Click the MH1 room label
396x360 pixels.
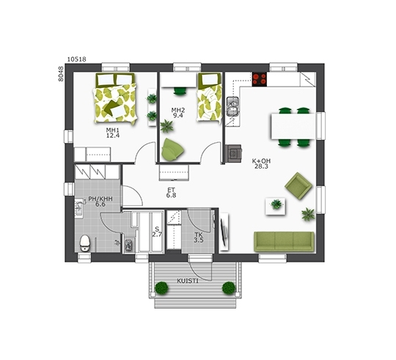click(x=113, y=131)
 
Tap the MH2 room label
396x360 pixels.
click(x=178, y=110)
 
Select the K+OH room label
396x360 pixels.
click(x=261, y=161)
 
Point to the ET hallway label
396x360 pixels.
click(x=171, y=190)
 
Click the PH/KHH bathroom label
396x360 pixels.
click(x=100, y=199)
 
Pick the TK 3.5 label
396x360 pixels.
click(x=199, y=238)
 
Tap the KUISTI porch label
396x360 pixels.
click(x=188, y=281)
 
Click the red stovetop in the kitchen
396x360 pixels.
click(x=260, y=79)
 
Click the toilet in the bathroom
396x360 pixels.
click(x=84, y=243)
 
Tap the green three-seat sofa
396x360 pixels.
click(x=284, y=241)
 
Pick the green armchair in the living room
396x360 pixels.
click(x=298, y=186)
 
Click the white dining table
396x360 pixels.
click(x=293, y=126)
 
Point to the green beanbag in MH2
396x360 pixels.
click(x=172, y=150)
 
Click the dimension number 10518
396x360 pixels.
click(x=77, y=59)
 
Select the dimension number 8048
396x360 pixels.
click(x=61, y=74)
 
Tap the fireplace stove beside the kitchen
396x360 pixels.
click(x=233, y=153)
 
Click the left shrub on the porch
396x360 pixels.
click(x=161, y=288)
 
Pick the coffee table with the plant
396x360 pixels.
click(x=276, y=206)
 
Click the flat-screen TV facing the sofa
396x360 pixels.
click(x=224, y=232)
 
